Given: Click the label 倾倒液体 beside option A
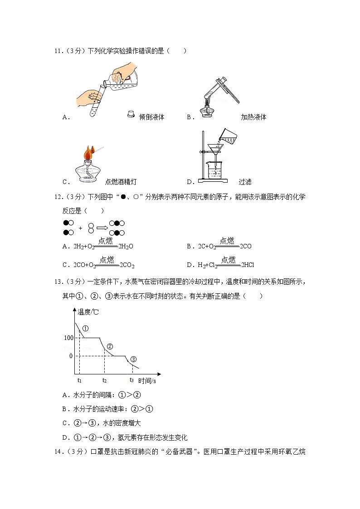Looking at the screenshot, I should click(152, 117).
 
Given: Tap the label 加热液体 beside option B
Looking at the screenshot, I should click(253, 117).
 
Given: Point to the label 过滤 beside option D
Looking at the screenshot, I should click(245, 182).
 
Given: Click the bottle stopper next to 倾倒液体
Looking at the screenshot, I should click(131, 115).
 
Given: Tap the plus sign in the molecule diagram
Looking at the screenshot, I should click(80, 228).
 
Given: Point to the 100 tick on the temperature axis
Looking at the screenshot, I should click(68, 338).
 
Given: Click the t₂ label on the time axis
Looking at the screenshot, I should click(104, 380).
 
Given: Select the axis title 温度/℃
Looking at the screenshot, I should click(88, 312).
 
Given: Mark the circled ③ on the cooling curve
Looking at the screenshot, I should click(133, 359).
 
